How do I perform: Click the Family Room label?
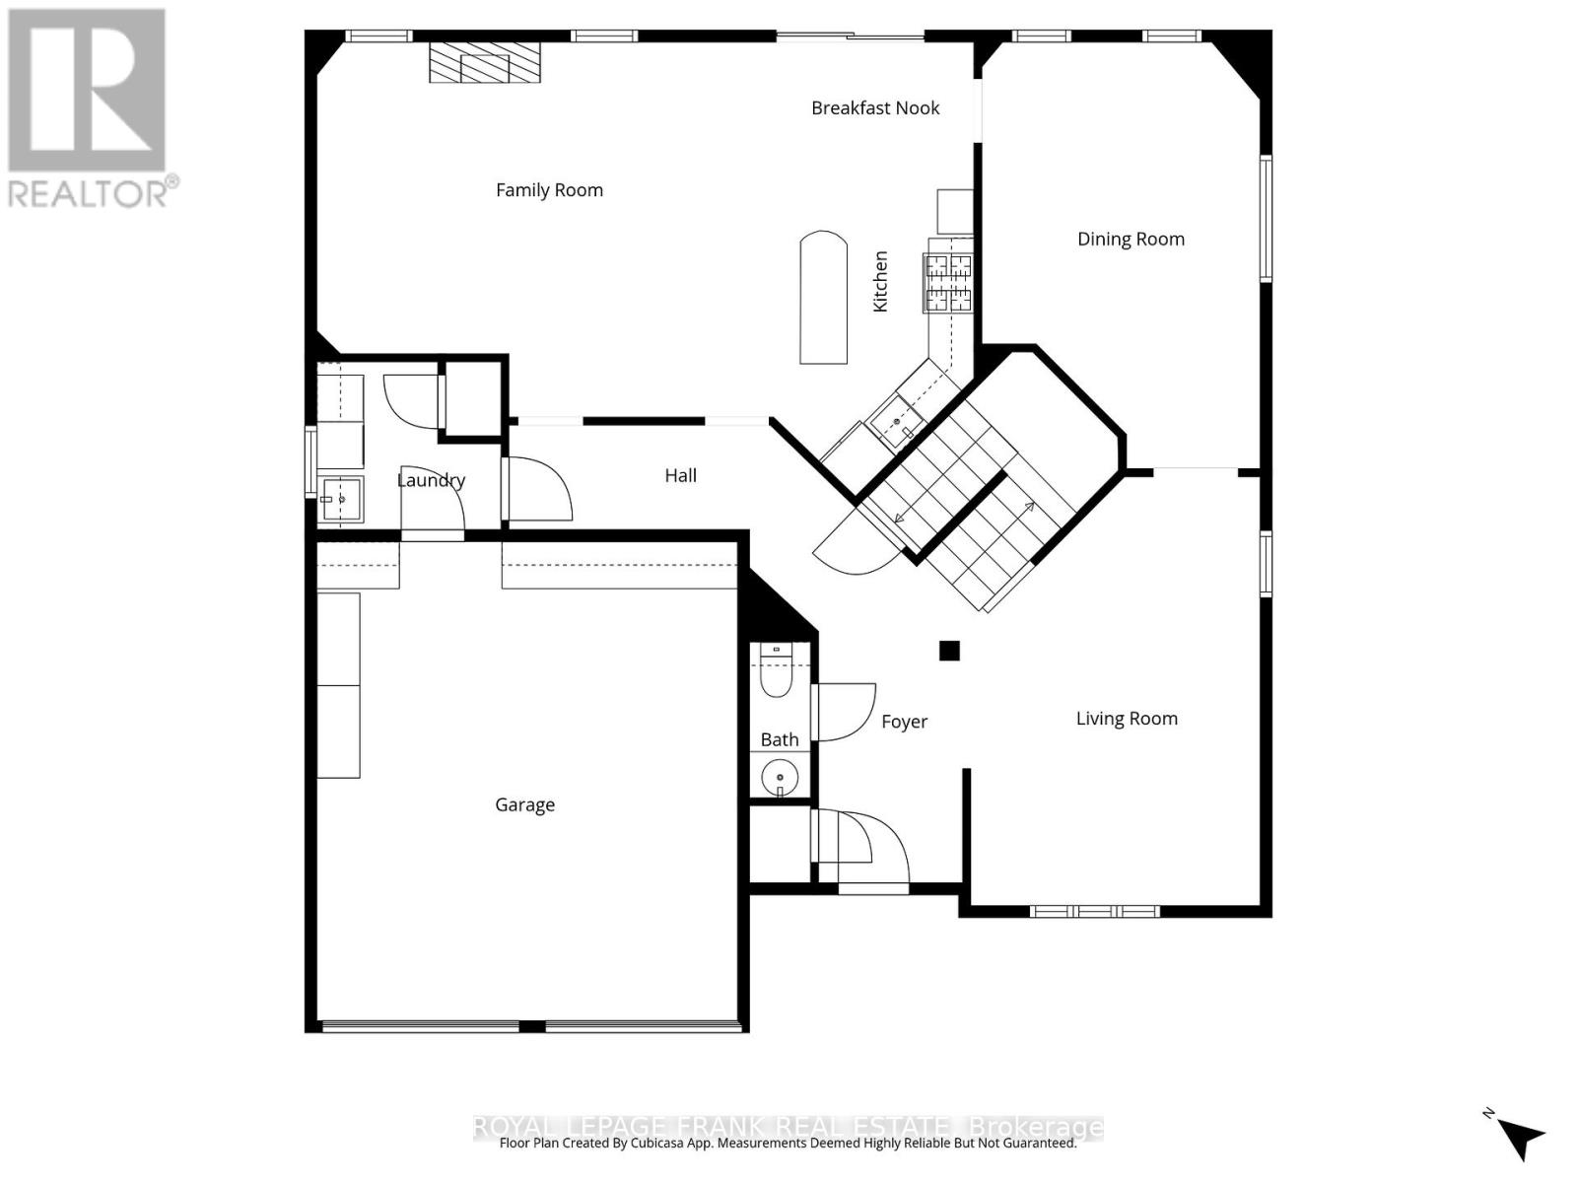point(549,190)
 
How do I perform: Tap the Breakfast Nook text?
point(875,108)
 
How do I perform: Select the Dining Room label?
point(1131,239)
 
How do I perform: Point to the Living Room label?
point(1127,719)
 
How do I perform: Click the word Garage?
point(524,805)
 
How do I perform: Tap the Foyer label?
point(904,722)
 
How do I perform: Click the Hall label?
point(680,475)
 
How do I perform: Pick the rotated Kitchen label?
point(880,282)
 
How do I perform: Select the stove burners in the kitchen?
point(947,282)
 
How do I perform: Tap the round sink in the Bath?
point(780,776)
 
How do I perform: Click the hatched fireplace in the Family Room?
point(486,64)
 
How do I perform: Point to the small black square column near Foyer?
point(949,651)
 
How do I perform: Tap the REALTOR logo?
point(88,108)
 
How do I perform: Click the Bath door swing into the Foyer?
point(846,713)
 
